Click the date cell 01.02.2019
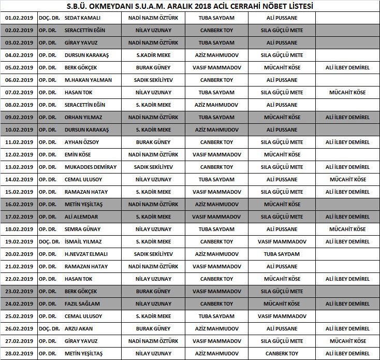pyautogui.click(x=19, y=18)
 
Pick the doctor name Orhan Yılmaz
pyautogui.click(x=83, y=117)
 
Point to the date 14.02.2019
pyautogui.click(x=19, y=179)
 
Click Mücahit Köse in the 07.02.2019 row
pyautogui.click(x=347, y=92)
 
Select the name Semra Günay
pyautogui.click(x=82, y=229)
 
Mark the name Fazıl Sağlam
pyautogui.click(x=82, y=304)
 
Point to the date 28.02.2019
pyautogui.click(x=19, y=353)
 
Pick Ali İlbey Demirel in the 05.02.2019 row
pyautogui.click(x=347, y=67)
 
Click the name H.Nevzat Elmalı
pyautogui.click(x=86, y=254)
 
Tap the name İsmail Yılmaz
pyautogui.click(x=83, y=241)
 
